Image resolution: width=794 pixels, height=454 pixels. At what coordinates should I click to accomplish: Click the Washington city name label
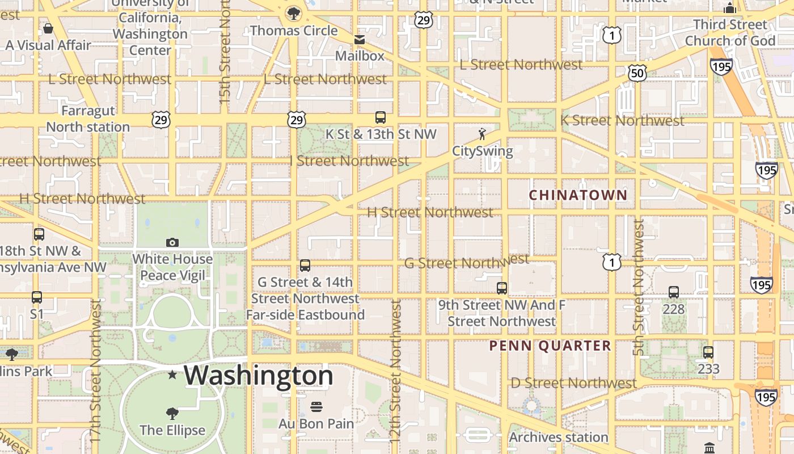(x=259, y=376)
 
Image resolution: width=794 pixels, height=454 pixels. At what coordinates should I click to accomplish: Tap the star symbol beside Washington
(x=172, y=375)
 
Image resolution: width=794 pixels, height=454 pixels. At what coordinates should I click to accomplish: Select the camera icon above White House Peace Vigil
(x=172, y=243)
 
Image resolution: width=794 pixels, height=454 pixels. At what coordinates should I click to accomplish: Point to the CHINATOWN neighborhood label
(x=578, y=195)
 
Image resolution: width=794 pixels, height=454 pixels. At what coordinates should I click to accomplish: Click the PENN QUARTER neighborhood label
(x=550, y=346)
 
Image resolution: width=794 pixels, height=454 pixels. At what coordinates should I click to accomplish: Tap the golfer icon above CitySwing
(x=482, y=134)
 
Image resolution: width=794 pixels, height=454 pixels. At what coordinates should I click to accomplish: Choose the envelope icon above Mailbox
(x=360, y=40)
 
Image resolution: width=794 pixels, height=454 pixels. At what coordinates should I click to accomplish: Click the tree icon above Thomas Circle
(x=294, y=14)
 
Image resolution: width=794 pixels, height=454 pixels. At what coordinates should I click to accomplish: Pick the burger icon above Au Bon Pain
(x=316, y=407)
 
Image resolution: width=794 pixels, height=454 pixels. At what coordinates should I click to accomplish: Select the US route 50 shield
(x=637, y=73)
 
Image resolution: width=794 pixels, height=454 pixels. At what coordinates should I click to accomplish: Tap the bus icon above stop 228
(x=674, y=292)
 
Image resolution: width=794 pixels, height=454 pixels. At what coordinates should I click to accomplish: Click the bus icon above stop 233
(x=708, y=352)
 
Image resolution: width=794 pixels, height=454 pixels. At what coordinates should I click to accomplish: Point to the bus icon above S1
(x=37, y=297)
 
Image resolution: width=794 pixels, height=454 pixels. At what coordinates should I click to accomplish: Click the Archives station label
(x=559, y=438)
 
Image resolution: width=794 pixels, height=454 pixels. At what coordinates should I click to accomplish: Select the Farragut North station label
(x=88, y=119)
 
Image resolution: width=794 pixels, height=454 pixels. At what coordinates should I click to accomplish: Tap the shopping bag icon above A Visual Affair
(x=48, y=28)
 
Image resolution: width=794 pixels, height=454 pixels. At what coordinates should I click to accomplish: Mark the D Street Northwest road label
(x=574, y=383)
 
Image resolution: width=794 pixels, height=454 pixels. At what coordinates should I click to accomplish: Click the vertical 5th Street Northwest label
(x=639, y=288)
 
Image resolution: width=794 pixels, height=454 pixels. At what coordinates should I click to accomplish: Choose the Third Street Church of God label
(x=730, y=33)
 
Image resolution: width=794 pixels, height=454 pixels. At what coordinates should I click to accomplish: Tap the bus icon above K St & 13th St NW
(x=381, y=117)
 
